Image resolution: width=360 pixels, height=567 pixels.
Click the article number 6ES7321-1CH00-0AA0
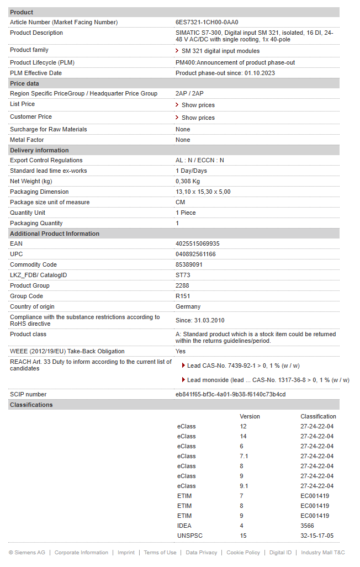click(x=207, y=22)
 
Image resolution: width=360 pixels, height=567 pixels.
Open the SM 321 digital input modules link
click(x=220, y=51)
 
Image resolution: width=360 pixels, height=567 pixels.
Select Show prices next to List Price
click(x=198, y=105)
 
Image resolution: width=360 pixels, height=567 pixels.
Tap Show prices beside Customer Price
click(x=198, y=118)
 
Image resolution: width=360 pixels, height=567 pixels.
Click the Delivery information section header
click(x=39, y=150)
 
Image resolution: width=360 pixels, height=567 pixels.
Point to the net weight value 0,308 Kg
click(x=188, y=181)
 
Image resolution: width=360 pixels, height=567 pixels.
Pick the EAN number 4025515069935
click(x=197, y=243)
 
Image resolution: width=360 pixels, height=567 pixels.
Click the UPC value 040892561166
click(x=195, y=254)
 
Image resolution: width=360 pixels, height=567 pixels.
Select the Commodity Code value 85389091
click(x=189, y=264)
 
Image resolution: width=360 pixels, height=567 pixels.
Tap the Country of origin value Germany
click(x=188, y=306)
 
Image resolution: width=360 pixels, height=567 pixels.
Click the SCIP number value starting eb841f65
click(x=230, y=394)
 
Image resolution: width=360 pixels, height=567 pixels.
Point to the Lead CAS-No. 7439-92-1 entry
click(x=243, y=365)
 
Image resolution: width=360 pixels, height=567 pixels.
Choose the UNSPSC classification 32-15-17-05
click(x=317, y=536)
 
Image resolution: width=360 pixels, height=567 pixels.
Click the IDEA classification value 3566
click(x=308, y=526)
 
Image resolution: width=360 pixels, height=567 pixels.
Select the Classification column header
click(x=318, y=416)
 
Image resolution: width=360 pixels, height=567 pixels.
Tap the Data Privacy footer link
click(x=201, y=553)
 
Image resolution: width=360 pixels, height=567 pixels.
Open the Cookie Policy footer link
click(x=243, y=553)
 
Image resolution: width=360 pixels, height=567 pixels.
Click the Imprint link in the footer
click(x=126, y=553)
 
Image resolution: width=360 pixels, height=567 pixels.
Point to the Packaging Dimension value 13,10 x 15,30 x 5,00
click(x=203, y=192)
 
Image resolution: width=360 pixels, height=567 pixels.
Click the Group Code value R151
click(x=183, y=296)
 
